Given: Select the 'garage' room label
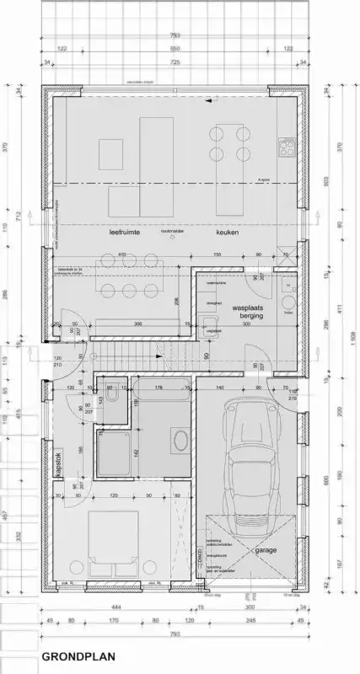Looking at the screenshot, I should coord(266,550).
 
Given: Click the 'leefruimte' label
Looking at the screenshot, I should coord(122,231).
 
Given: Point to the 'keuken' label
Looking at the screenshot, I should coord(228,231).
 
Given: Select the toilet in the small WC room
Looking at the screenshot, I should coord(110,398).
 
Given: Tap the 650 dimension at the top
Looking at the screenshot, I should coord(180,50).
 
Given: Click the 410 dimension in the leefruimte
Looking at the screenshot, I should coord(122,254).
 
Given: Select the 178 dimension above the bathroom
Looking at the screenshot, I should coord(159,387).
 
